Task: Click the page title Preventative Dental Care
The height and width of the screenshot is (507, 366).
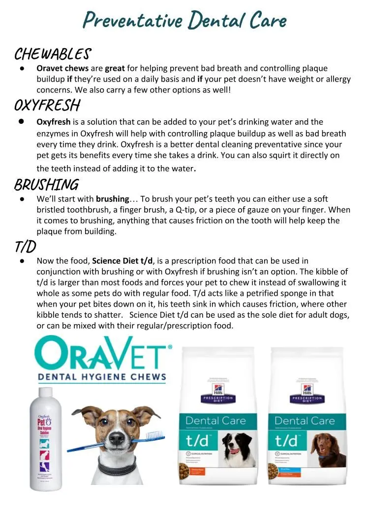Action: click(x=184, y=20)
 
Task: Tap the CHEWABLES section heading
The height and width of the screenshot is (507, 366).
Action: click(x=52, y=54)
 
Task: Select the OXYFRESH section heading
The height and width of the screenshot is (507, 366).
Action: click(x=47, y=105)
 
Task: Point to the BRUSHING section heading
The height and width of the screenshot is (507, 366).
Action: click(x=46, y=185)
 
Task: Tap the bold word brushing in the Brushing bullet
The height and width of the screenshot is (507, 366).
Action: click(x=112, y=199)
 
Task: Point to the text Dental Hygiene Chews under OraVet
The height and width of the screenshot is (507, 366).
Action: click(x=102, y=377)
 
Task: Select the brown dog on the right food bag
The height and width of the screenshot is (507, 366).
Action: click(x=333, y=451)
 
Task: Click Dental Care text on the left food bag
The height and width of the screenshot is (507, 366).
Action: click(x=215, y=421)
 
